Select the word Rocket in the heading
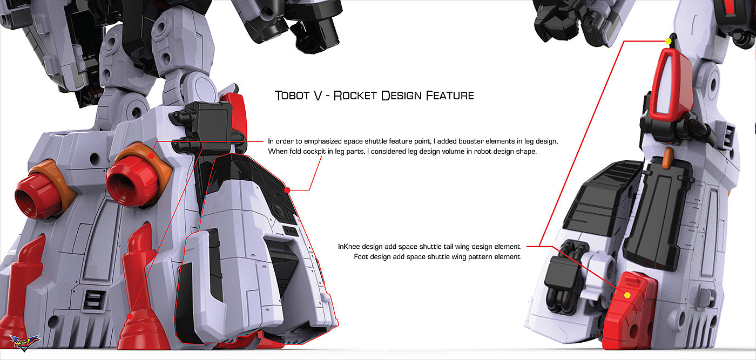355,96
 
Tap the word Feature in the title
450,96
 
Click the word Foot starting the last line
361,257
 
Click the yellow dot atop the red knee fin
668,41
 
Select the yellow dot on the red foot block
627,295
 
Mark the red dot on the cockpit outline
287,190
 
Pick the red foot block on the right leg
629,305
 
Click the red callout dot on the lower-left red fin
129,316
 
